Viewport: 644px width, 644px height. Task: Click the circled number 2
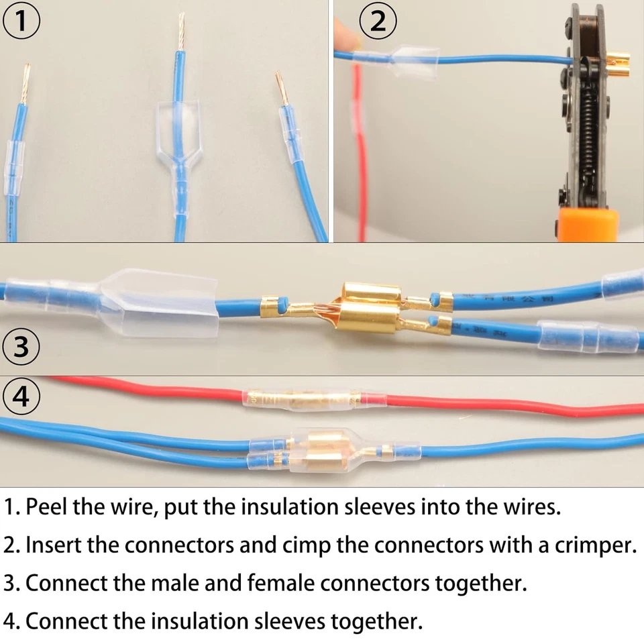pos(378,21)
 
